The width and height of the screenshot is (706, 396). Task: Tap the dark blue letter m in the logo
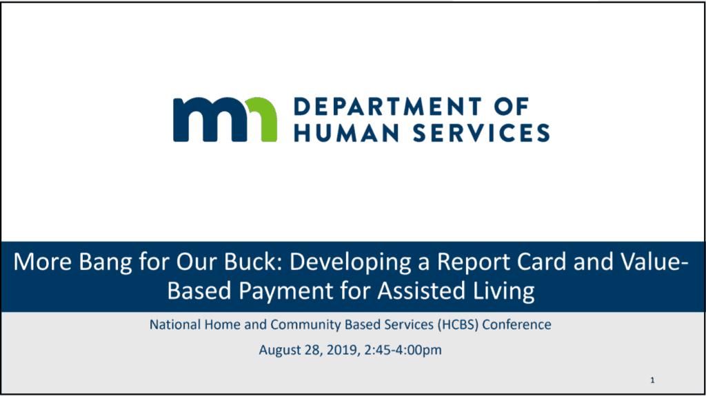point(210,120)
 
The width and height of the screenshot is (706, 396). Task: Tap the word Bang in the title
point(105,262)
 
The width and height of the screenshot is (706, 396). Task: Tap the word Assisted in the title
point(421,290)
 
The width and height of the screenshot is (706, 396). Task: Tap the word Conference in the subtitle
point(516,324)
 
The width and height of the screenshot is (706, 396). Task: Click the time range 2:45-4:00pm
point(403,350)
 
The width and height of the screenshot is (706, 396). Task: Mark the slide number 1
point(652,380)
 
